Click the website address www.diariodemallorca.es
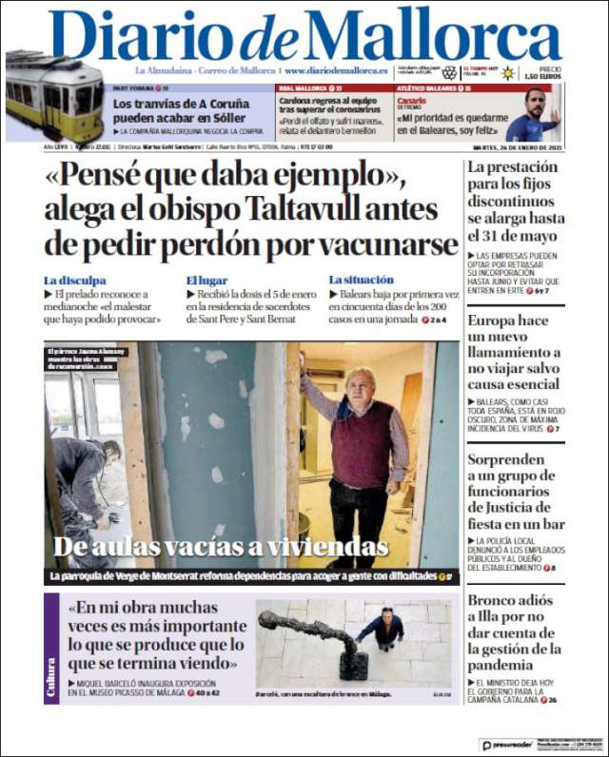[x=335, y=70]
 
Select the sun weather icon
[x=508, y=73]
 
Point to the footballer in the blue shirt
[x=533, y=119]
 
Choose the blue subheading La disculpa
[x=75, y=281]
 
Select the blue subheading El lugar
[x=206, y=281]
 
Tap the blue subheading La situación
[x=361, y=281]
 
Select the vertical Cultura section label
[x=52, y=677]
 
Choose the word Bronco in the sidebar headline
[x=493, y=601]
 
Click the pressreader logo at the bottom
[x=506, y=745]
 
